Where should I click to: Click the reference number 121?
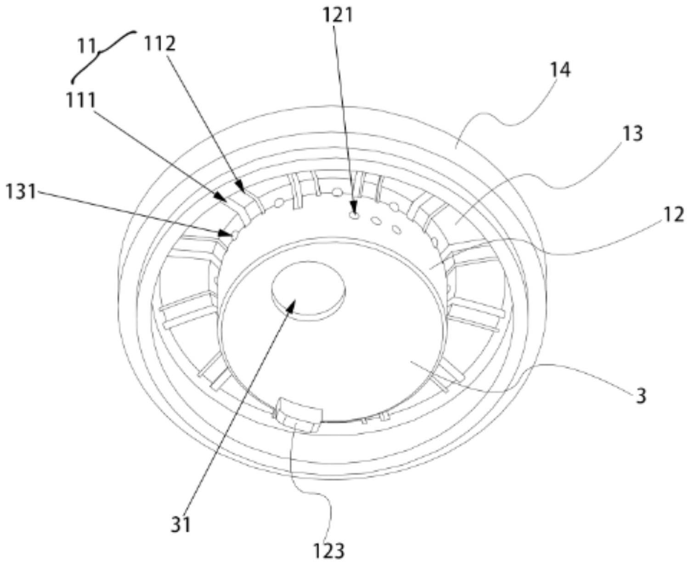(x=338, y=15)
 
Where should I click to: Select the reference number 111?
(x=81, y=100)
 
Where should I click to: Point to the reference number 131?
(x=20, y=191)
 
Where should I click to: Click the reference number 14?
(x=560, y=70)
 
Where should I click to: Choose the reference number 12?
(x=674, y=215)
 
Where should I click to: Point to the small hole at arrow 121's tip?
(x=353, y=215)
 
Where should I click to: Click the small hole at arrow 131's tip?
(x=235, y=235)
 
